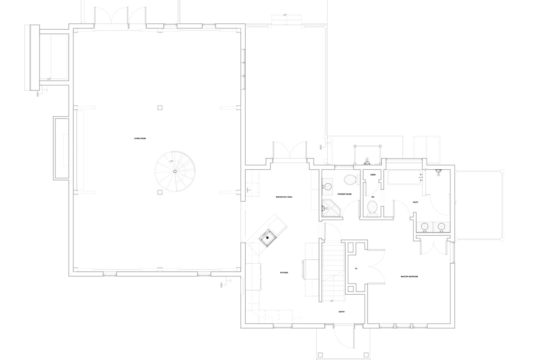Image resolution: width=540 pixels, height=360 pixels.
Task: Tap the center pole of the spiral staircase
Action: click(175, 171)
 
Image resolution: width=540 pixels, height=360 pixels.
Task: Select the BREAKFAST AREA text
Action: click(284, 197)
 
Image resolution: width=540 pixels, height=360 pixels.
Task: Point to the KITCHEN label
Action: click(284, 273)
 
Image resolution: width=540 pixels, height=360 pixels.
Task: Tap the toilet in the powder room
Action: click(350, 180)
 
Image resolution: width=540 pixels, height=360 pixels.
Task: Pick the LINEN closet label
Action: click(373, 174)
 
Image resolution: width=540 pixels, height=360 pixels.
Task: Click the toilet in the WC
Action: click(373, 207)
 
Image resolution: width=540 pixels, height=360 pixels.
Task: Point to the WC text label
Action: click(373, 197)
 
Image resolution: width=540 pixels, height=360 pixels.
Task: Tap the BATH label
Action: click(415, 202)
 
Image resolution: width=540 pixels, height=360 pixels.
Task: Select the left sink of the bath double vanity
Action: click(425, 226)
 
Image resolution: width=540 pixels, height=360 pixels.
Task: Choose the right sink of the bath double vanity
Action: click(441, 226)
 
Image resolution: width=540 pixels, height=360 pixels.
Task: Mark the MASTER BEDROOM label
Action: click(409, 276)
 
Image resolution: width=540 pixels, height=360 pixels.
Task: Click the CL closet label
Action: click(356, 268)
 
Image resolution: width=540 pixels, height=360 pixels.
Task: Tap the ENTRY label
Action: click(342, 311)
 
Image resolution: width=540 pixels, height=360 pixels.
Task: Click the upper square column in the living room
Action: click(160, 108)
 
